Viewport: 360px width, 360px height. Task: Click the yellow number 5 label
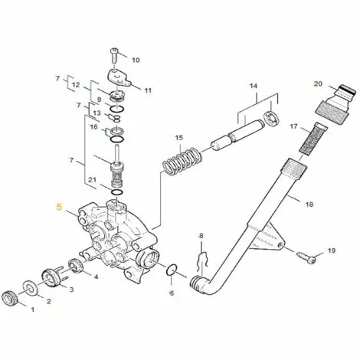pyautogui.click(x=59, y=207)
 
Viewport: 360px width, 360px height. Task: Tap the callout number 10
pyautogui.click(x=136, y=60)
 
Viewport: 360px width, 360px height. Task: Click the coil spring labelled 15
pyautogui.click(x=182, y=162)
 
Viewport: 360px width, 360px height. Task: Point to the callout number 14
pyautogui.click(x=254, y=86)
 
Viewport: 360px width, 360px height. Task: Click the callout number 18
pyautogui.click(x=309, y=205)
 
